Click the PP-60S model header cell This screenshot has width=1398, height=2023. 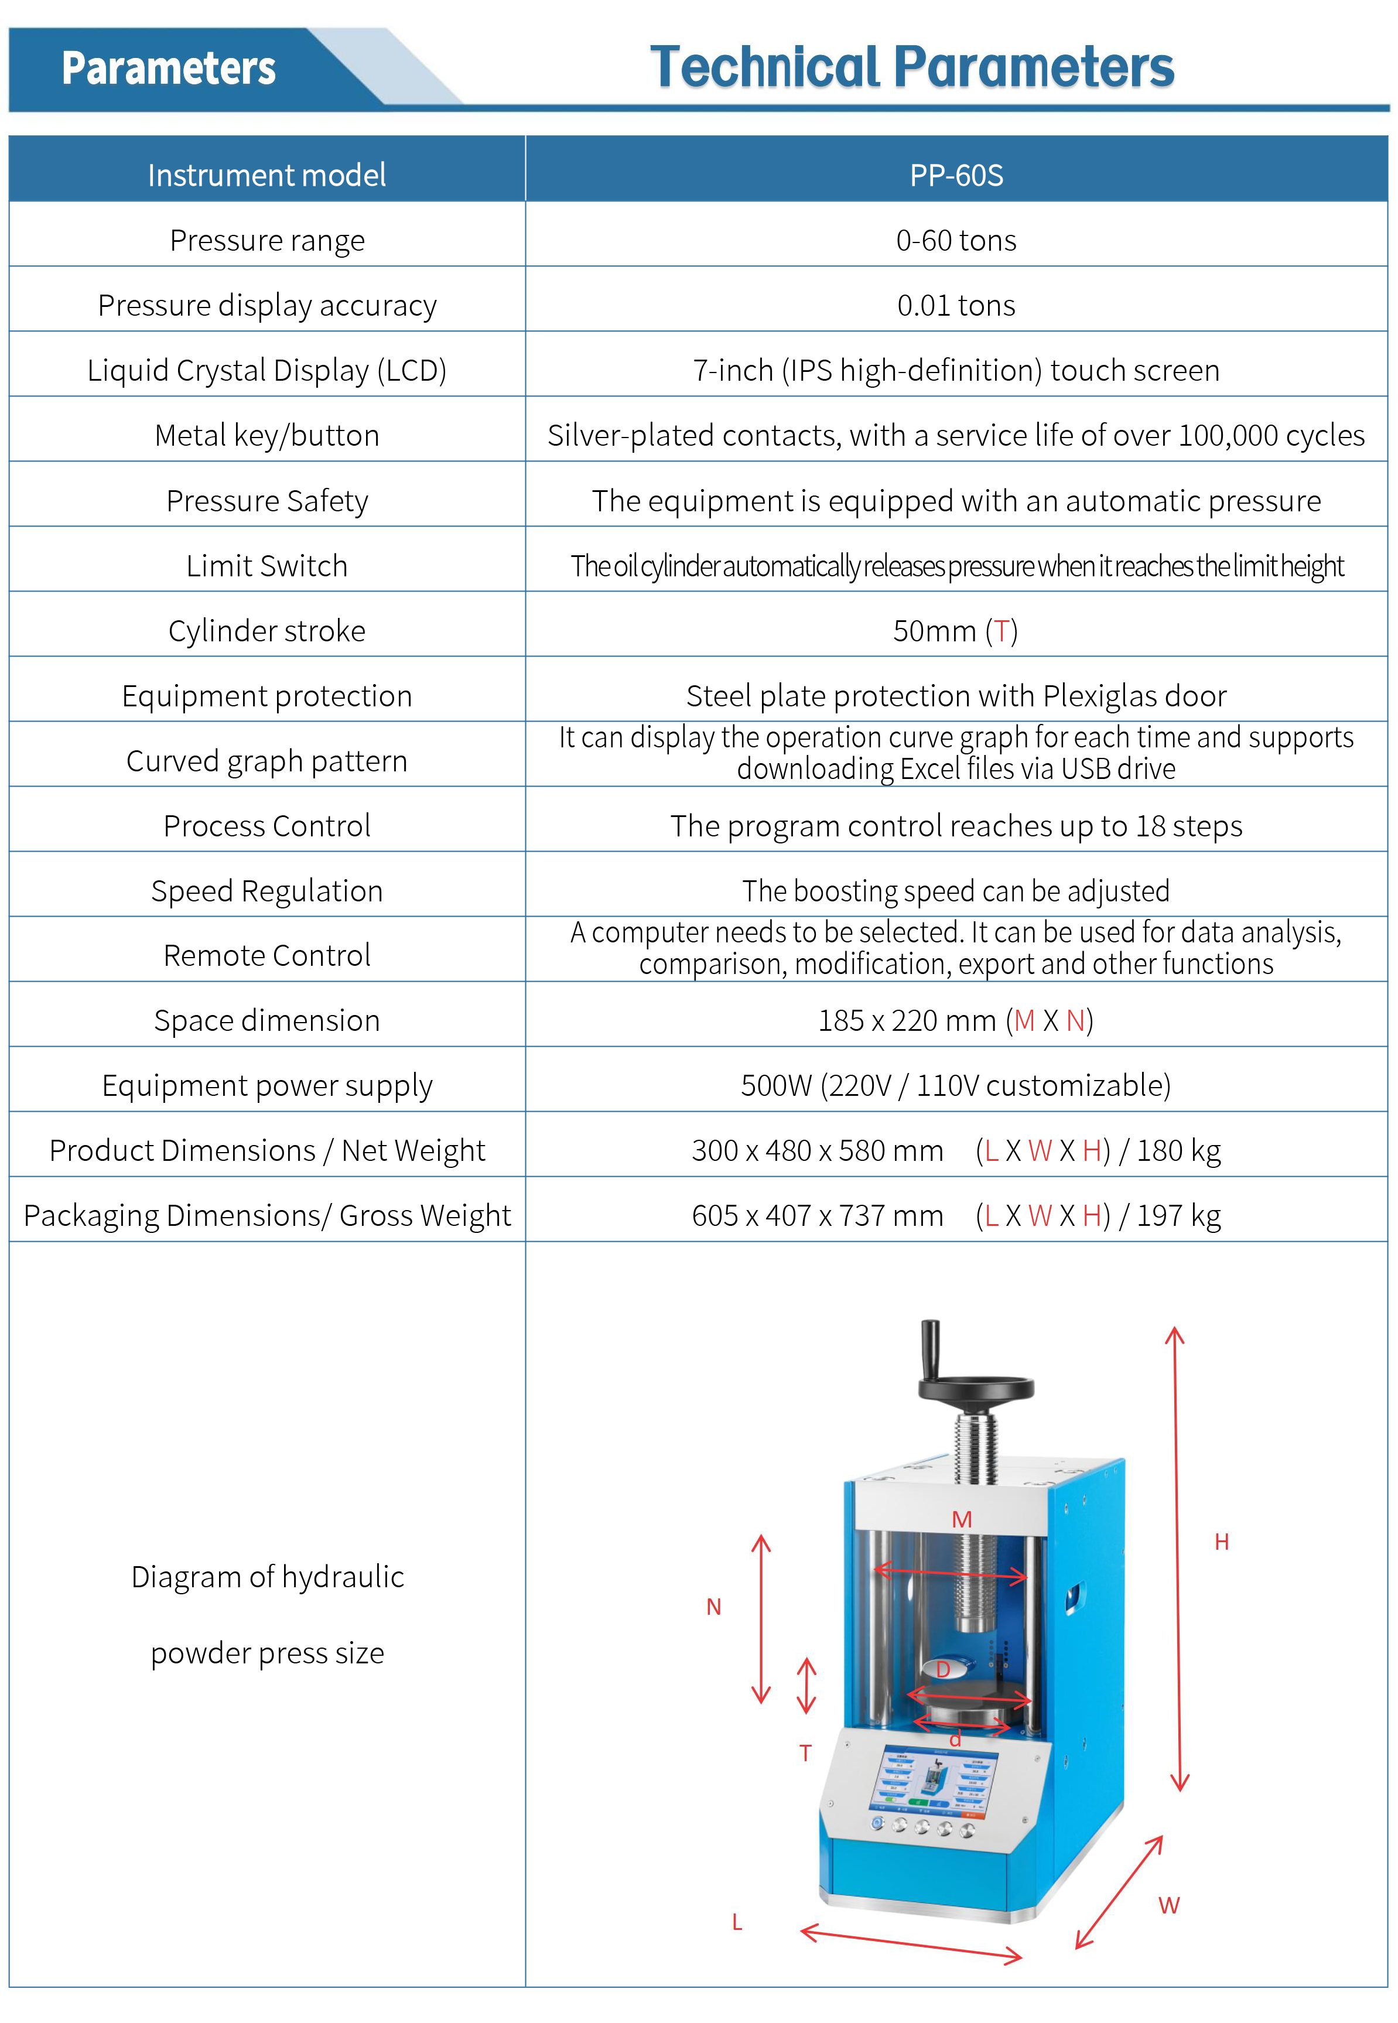(956, 175)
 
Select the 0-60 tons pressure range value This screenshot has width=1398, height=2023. (956, 240)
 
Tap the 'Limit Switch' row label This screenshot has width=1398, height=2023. (266, 566)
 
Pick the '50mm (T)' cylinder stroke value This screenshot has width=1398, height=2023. (955, 631)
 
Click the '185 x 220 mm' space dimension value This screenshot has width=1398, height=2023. (907, 1020)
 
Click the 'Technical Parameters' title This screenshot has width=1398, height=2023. (911, 67)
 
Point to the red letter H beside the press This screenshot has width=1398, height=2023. (1222, 1542)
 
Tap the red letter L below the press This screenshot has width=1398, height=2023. (737, 1922)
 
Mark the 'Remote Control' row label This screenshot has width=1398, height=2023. (266, 955)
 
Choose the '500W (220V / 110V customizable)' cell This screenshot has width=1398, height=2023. (956, 1086)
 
